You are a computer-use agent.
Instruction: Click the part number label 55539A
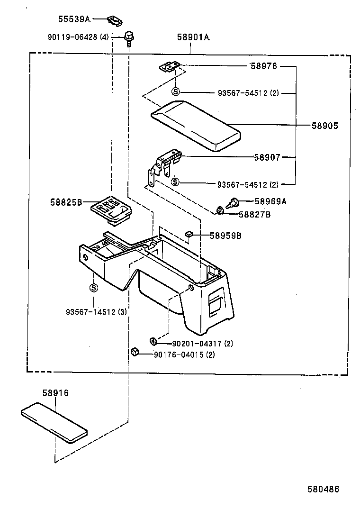pos(74,19)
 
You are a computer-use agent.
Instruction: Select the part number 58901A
pos(193,37)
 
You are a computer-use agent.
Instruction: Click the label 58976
pos(263,66)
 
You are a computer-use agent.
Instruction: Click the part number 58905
pos(325,126)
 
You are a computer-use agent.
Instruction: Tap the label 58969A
pos(270,201)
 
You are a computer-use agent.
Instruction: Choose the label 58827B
pos(254,215)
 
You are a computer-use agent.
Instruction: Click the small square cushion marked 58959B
pos(188,234)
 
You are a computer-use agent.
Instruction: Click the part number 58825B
pos(66,202)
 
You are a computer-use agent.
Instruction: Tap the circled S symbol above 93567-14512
pos(93,288)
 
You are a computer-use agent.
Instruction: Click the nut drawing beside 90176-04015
pos(135,352)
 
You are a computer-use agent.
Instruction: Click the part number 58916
pos(55,393)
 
